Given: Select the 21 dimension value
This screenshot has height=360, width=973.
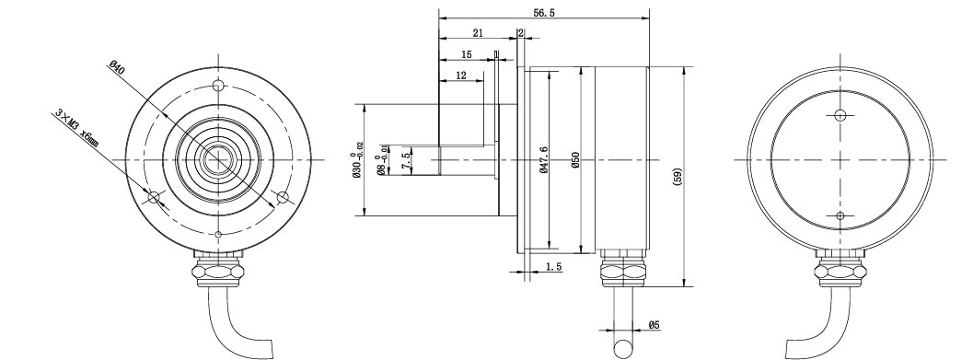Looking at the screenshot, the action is [x=477, y=33].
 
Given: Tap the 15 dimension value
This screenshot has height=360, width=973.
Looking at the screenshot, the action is [x=466, y=54].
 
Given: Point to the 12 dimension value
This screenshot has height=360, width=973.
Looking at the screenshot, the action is [x=461, y=75].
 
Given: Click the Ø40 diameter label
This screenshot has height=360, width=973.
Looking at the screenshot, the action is [x=117, y=67].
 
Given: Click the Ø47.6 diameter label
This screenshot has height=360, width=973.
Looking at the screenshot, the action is [x=544, y=160].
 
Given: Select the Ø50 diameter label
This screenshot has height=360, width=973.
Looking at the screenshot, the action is [x=575, y=160].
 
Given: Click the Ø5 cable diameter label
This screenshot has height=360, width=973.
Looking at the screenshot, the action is [x=654, y=325].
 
